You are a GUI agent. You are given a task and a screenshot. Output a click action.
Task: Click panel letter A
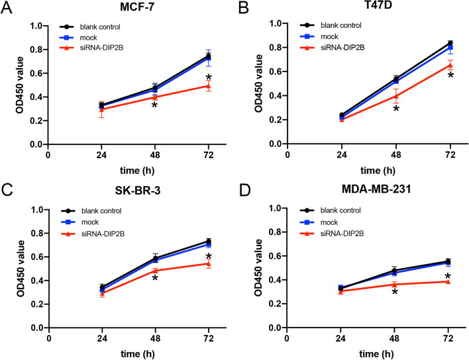8,8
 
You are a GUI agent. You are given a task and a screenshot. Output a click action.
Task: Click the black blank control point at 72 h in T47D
450,43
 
